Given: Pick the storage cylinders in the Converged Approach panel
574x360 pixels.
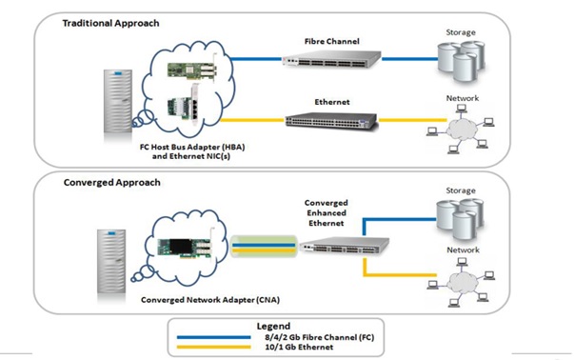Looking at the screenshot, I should click(460, 222).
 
